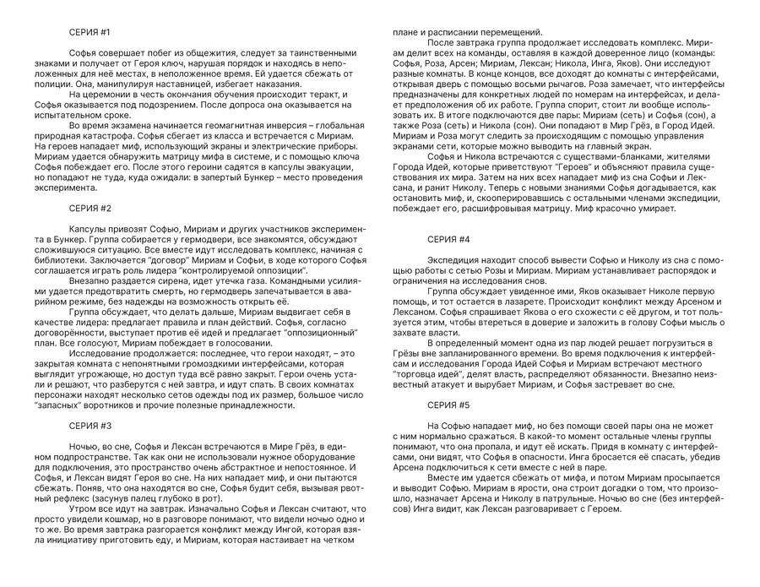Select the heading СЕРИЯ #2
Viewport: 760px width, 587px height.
click(90, 208)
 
